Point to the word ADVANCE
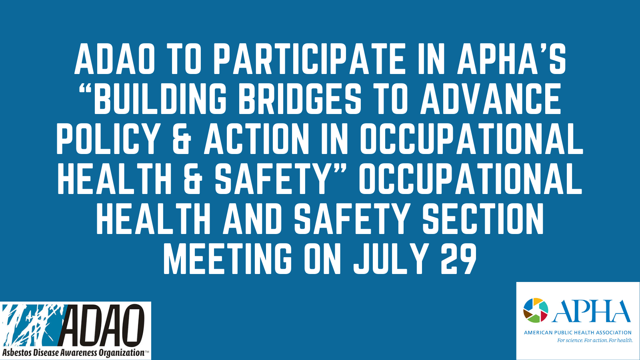pos(490,98)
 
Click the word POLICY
pos(108,138)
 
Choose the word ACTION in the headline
pos(255,138)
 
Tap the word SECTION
pos(483,218)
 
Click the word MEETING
pos(228,258)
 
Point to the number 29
pos(458,258)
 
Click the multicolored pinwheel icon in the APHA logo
pos(536,310)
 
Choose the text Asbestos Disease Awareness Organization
pos(73,352)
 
